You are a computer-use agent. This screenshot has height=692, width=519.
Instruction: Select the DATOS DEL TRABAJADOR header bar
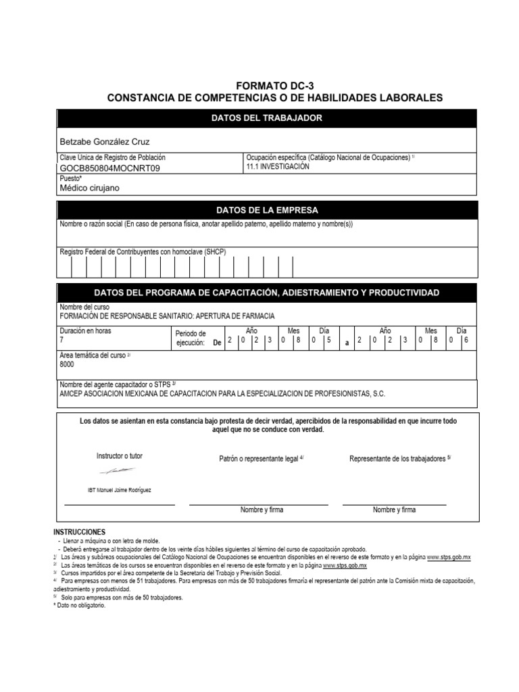pyautogui.click(x=266, y=118)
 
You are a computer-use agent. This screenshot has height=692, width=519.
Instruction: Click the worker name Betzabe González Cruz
pyautogui.click(x=105, y=141)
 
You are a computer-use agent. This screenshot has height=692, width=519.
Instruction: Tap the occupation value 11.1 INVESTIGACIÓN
pyautogui.click(x=278, y=167)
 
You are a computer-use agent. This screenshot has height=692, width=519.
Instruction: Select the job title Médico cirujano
pyautogui.click(x=89, y=188)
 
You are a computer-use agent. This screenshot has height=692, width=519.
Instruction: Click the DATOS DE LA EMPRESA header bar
pyautogui.click(x=266, y=209)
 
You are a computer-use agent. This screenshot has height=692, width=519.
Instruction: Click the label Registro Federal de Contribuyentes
pyautogui.click(x=143, y=252)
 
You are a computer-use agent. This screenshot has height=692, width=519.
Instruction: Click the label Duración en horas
pyautogui.click(x=86, y=331)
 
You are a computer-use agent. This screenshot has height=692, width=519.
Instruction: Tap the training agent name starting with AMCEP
pyautogui.click(x=223, y=393)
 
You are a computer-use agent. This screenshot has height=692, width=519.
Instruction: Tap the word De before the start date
pyautogui.click(x=217, y=343)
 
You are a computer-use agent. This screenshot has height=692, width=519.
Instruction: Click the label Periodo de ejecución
pyautogui.click(x=190, y=338)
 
